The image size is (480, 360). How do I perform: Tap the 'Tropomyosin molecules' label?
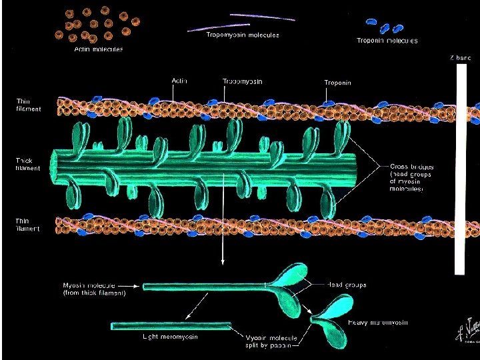(241, 35)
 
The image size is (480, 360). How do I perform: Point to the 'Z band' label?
(460, 57)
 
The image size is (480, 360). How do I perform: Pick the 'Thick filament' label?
(28, 164)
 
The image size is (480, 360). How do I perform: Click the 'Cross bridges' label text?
(411, 177)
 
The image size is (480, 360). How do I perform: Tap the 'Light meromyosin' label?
(171, 337)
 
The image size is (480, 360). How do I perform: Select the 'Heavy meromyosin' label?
(379, 323)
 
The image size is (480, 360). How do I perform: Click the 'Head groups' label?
(347, 285)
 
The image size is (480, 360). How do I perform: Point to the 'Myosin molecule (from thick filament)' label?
(99, 288)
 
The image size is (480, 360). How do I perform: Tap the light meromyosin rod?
(171, 326)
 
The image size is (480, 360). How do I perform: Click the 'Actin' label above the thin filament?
(179, 81)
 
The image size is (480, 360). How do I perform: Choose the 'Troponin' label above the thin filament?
(338, 83)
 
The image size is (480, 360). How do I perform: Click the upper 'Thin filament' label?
(28, 105)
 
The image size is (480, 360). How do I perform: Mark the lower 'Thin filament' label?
(28, 225)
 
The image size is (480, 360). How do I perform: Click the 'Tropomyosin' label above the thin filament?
(243, 81)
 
